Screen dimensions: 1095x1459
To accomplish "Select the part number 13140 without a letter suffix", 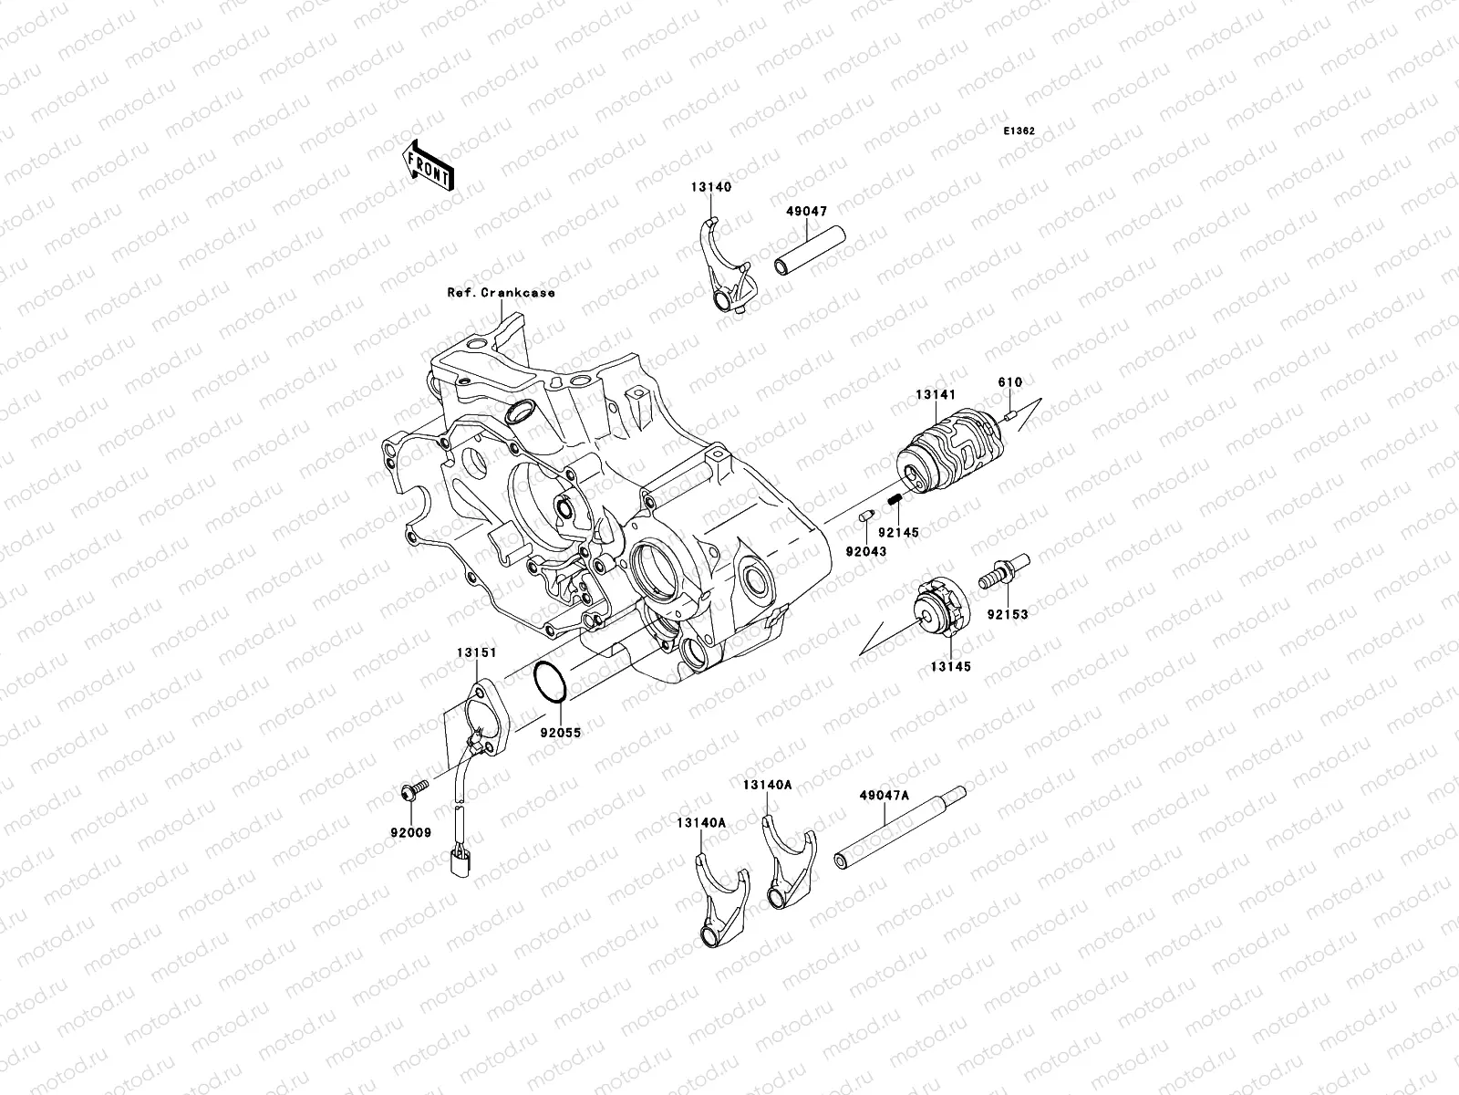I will point(710,187).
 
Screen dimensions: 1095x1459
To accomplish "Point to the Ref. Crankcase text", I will point(501,293).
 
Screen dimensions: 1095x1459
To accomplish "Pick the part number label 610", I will point(1010,383).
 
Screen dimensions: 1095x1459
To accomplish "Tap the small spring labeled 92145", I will point(895,498).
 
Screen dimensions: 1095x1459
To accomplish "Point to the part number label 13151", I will point(477,652).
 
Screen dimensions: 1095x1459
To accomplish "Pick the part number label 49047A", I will point(884,795).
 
